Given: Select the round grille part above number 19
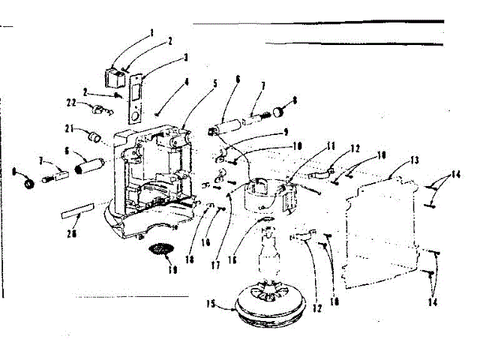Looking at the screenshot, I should [x=160, y=250].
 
